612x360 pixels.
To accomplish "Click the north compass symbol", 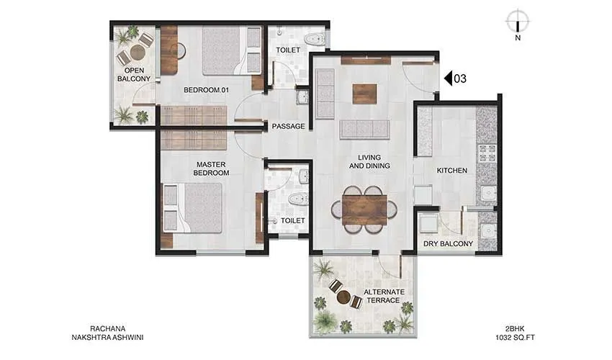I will click(517, 20).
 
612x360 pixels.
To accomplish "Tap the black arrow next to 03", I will click(446, 78).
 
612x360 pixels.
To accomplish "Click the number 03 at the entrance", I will click(460, 78).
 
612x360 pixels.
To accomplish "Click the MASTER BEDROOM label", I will click(212, 168).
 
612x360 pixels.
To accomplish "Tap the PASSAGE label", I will click(288, 127).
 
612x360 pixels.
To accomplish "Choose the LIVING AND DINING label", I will click(370, 161).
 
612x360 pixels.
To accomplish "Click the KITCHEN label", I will click(452, 171).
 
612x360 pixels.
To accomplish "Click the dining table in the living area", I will click(365, 209).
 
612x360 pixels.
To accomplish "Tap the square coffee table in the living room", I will click(364, 94).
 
